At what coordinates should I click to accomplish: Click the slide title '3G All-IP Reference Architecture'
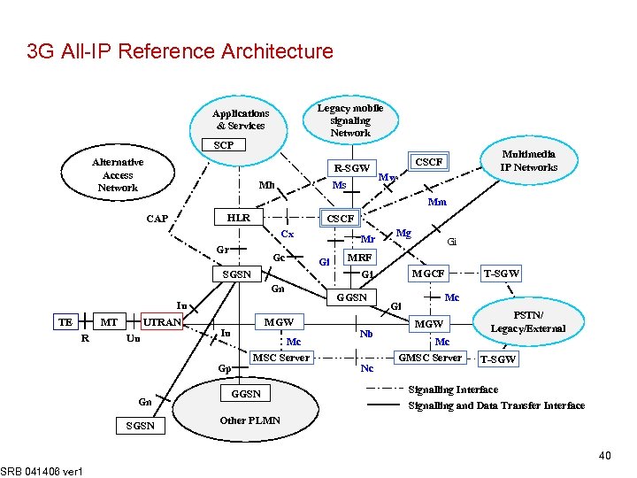[x=180, y=51]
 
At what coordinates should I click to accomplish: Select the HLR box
[x=239, y=218]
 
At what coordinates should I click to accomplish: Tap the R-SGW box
[x=351, y=168]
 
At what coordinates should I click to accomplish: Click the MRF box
[x=358, y=258]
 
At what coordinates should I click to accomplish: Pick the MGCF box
[x=428, y=274]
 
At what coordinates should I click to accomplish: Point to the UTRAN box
[x=162, y=322]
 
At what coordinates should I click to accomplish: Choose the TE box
[x=65, y=322]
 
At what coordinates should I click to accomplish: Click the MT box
[x=109, y=322]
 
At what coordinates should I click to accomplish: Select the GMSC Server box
[x=430, y=358]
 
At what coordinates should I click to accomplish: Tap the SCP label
[x=224, y=145]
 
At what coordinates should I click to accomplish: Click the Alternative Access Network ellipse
[x=118, y=175]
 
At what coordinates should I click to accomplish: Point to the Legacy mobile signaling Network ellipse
[x=350, y=120]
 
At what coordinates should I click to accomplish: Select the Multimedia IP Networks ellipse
[x=528, y=160]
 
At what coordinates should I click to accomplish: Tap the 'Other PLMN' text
[x=250, y=420]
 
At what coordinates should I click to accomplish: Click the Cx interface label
[x=287, y=235]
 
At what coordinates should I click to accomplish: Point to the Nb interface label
[x=366, y=334]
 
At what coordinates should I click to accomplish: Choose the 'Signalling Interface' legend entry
[x=453, y=389]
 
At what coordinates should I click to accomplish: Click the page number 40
[x=604, y=456]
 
